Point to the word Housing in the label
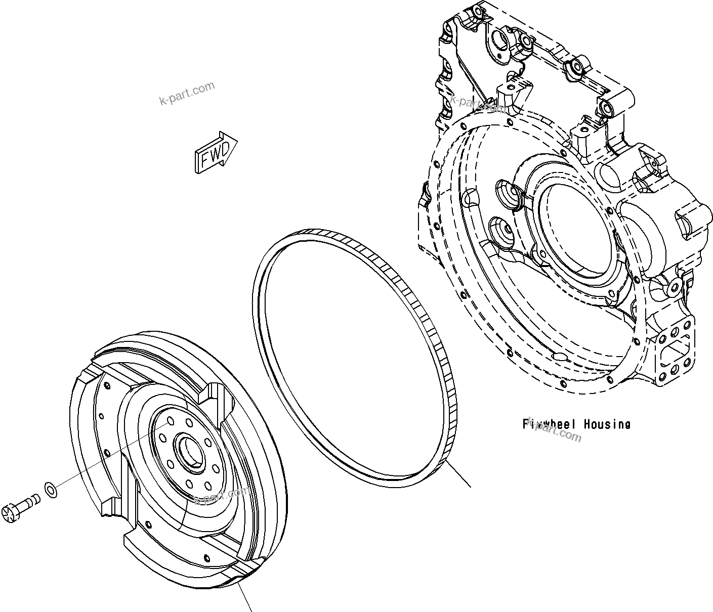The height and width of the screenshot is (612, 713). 607,424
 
